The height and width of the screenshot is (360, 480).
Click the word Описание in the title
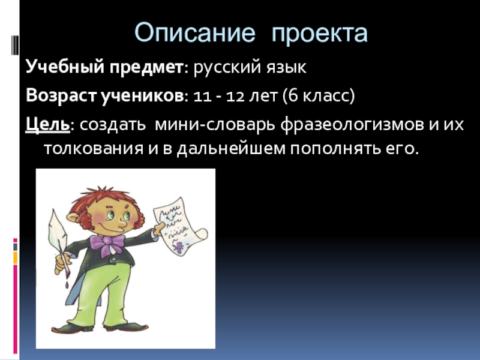pos(194,33)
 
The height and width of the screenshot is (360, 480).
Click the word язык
pos(286,68)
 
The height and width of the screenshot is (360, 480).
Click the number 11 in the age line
pos(203,97)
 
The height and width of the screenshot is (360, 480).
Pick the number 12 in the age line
pos(235,97)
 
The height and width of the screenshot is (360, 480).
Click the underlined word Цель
pos(48,125)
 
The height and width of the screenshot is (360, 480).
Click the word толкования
pos(94,149)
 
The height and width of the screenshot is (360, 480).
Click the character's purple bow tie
pos(107,244)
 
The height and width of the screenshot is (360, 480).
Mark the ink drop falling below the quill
pos(67,285)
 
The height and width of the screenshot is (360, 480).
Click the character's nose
pos(122,226)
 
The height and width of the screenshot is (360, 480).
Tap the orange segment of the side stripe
pos(15,257)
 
